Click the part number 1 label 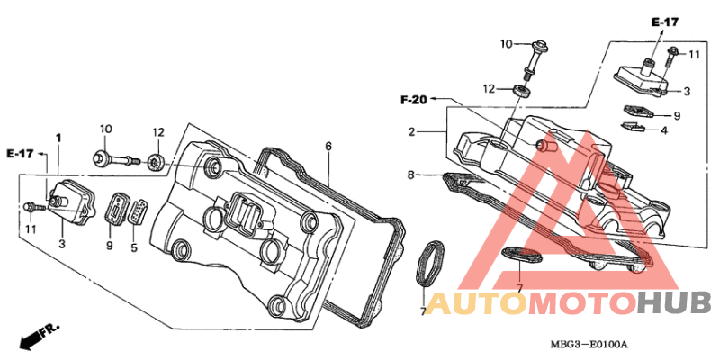(x=58, y=138)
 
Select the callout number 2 (x=412, y=132)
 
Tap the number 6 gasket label (x=328, y=147)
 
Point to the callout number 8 (x=411, y=175)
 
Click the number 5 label (x=134, y=247)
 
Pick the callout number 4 (x=663, y=130)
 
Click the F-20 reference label (x=414, y=99)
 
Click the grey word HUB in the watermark (x=674, y=303)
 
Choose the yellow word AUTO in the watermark (x=476, y=303)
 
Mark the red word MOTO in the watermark (x=583, y=303)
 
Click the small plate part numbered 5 (x=137, y=212)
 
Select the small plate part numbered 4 (x=632, y=126)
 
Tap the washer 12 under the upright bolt (x=522, y=91)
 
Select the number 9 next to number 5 (x=109, y=246)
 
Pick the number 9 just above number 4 (x=677, y=116)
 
